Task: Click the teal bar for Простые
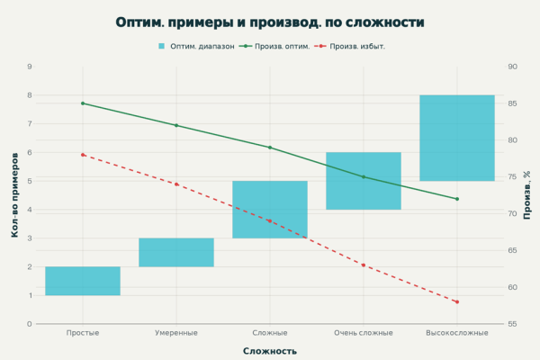tap(83, 281)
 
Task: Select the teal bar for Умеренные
tap(176, 252)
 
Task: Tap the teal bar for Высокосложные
tap(457, 138)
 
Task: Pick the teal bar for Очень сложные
tap(364, 181)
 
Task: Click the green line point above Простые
tap(83, 103)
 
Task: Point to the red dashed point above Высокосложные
tap(457, 301)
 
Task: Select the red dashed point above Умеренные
tap(176, 184)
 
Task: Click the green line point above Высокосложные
tap(457, 199)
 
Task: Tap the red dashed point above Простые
tap(83, 155)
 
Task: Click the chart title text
tap(270, 22)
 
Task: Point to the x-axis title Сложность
tap(270, 351)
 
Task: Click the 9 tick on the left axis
tap(30, 67)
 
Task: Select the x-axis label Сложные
tap(270, 333)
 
